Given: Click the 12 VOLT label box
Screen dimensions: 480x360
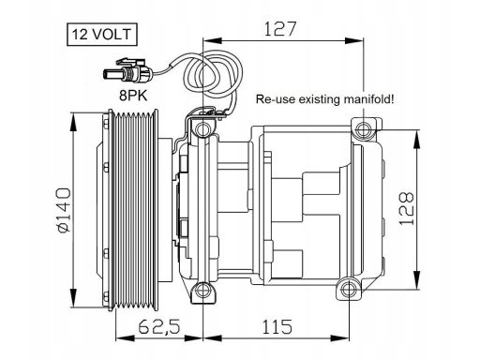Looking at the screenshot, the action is click(102, 35).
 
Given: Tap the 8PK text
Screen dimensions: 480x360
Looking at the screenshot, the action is click(133, 96).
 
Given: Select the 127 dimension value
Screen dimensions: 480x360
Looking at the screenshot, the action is click(280, 29).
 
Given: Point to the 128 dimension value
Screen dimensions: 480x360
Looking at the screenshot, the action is click(406, 209).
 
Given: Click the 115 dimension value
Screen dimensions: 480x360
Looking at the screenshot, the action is click(277, 326).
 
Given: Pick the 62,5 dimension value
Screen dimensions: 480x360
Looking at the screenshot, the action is click(159, 327).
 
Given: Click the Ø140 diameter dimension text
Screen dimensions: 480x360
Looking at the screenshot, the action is click(65, 210).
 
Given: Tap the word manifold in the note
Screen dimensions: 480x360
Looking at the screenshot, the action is click(368, 99).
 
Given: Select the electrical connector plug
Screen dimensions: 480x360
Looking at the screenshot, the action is click(127, 72).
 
